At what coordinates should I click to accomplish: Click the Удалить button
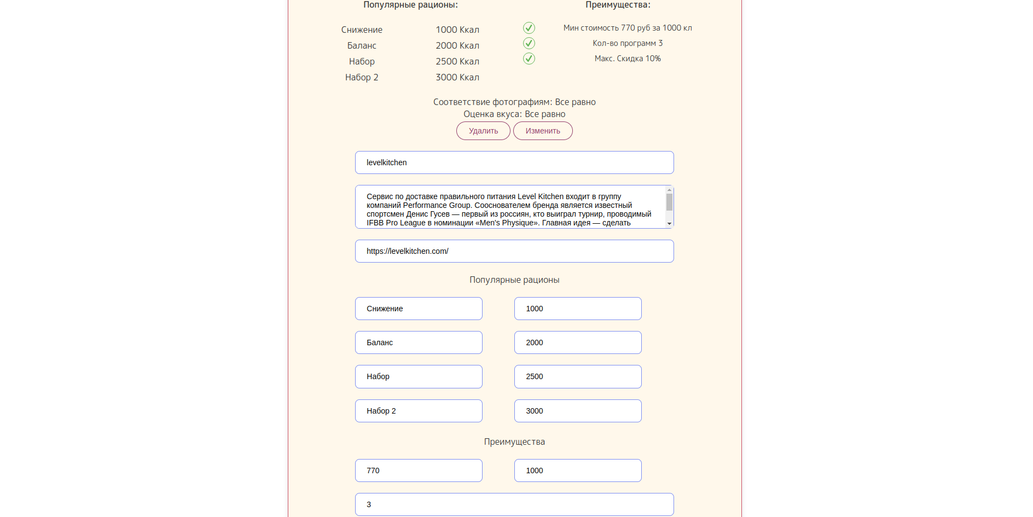(483, 131)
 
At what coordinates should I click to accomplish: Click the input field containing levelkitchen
(514, 162)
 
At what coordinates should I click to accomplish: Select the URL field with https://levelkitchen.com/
(514, 251)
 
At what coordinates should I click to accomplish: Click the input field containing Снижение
(419, 309)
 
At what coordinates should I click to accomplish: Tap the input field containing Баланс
(419, 342)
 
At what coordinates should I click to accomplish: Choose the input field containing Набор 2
(419, 411)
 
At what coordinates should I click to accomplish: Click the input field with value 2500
(578, 376)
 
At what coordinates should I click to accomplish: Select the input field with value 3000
(578, 411)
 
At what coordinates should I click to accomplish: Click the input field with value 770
(419, 470)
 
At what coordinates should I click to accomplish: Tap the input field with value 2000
(578, 342)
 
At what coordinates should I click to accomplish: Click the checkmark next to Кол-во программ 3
(529, 43)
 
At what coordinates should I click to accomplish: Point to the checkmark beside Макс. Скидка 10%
(529, 59)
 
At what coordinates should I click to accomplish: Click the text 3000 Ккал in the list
(457, 77)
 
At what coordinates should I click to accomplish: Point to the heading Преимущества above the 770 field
(514, 442)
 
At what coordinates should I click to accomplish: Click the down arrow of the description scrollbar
(669, 224)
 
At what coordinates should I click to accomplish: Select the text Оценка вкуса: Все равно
(514, 114)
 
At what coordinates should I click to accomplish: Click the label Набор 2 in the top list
(362, 77)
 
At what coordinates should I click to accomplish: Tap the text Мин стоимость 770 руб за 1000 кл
(628, 28)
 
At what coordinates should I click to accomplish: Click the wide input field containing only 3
(514, 504)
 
